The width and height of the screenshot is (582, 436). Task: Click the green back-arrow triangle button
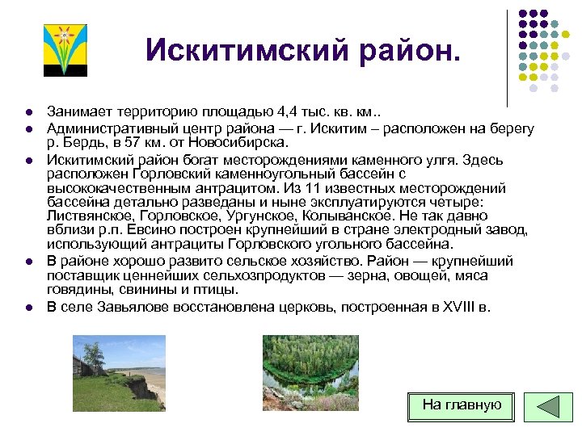(548, 406)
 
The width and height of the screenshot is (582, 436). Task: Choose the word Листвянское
(91, 216)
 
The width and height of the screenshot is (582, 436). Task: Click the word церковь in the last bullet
(290, 307)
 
